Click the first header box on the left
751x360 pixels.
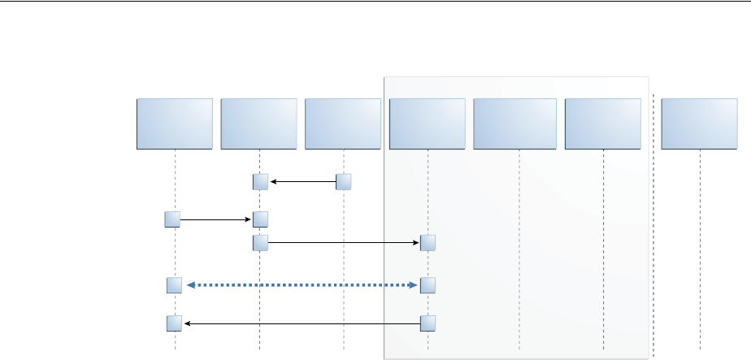pyautogui.click(x=175, y=124)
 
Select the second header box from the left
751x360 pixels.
pyautogui.click(x=258, y=124)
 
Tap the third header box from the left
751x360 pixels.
pyautogui.click(x=343, y=124)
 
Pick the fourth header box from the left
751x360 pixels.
pyautogui.click(x=428, y=124)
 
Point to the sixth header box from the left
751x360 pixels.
pyautogui.click(x=603, y=124)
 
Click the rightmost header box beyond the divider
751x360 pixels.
pyautogui.click(x=700, y=124)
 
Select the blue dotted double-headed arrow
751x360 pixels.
pyautogui.click(x=302, y=285)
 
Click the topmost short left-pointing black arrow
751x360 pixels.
pyautogui.click(x=302, y=182)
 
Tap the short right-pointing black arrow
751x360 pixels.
pyautogui.click(x=215, y=219)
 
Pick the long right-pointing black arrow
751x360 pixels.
pyautogui.click(x=343, y=242)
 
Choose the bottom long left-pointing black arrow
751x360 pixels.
pyautogui.click(x=302, y=323)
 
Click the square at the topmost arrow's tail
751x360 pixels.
pyautogui.click(x=344, y=182)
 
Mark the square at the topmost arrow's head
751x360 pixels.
pyautogui.click(x=260, y=182)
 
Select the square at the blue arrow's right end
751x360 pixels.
pyautogui.click(x=428, y=285)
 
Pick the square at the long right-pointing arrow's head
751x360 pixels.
pyautogui.click(x=428, y=242)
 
